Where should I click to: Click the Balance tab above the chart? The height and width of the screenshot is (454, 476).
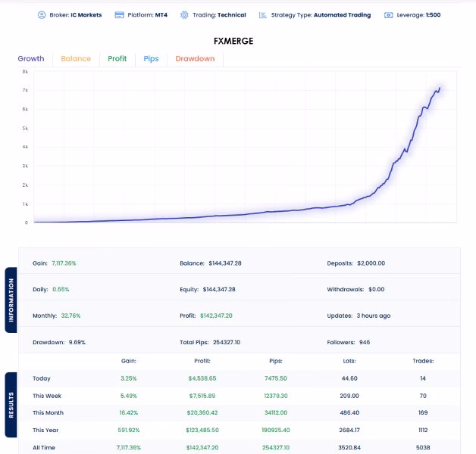pos(76,58)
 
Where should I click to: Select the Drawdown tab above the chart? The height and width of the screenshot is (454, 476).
pos(195,58)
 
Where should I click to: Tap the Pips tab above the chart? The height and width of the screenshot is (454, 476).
pos(151,59)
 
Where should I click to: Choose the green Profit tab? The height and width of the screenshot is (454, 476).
pos(117,58)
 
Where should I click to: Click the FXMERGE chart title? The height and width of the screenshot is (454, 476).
pos(233,41)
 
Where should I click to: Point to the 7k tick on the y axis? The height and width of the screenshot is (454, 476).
pos(25,90)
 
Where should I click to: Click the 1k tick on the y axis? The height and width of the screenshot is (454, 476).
pos(25,204)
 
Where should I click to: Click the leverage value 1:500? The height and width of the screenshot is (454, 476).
pos(434,15)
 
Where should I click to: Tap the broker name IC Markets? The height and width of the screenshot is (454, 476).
pos(86,15)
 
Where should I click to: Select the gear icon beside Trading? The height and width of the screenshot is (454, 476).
pos(184,15)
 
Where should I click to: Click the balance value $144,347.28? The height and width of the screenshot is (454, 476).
pos(225,263)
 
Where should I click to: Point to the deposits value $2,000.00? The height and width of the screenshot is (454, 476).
pos(371,263)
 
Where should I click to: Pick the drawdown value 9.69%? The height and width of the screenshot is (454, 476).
pos(77,342)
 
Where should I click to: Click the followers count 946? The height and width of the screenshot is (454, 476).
pos(365,342)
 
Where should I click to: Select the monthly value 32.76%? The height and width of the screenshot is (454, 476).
pos(70,316)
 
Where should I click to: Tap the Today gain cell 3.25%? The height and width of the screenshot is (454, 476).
pos(129,378)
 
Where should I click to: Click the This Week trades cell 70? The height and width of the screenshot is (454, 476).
pos(423,396)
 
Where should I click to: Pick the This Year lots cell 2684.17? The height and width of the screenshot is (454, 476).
pos(349,430)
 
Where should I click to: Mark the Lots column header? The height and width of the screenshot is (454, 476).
pos(349,361)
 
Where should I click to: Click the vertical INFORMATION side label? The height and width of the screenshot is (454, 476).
pos(11,300)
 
